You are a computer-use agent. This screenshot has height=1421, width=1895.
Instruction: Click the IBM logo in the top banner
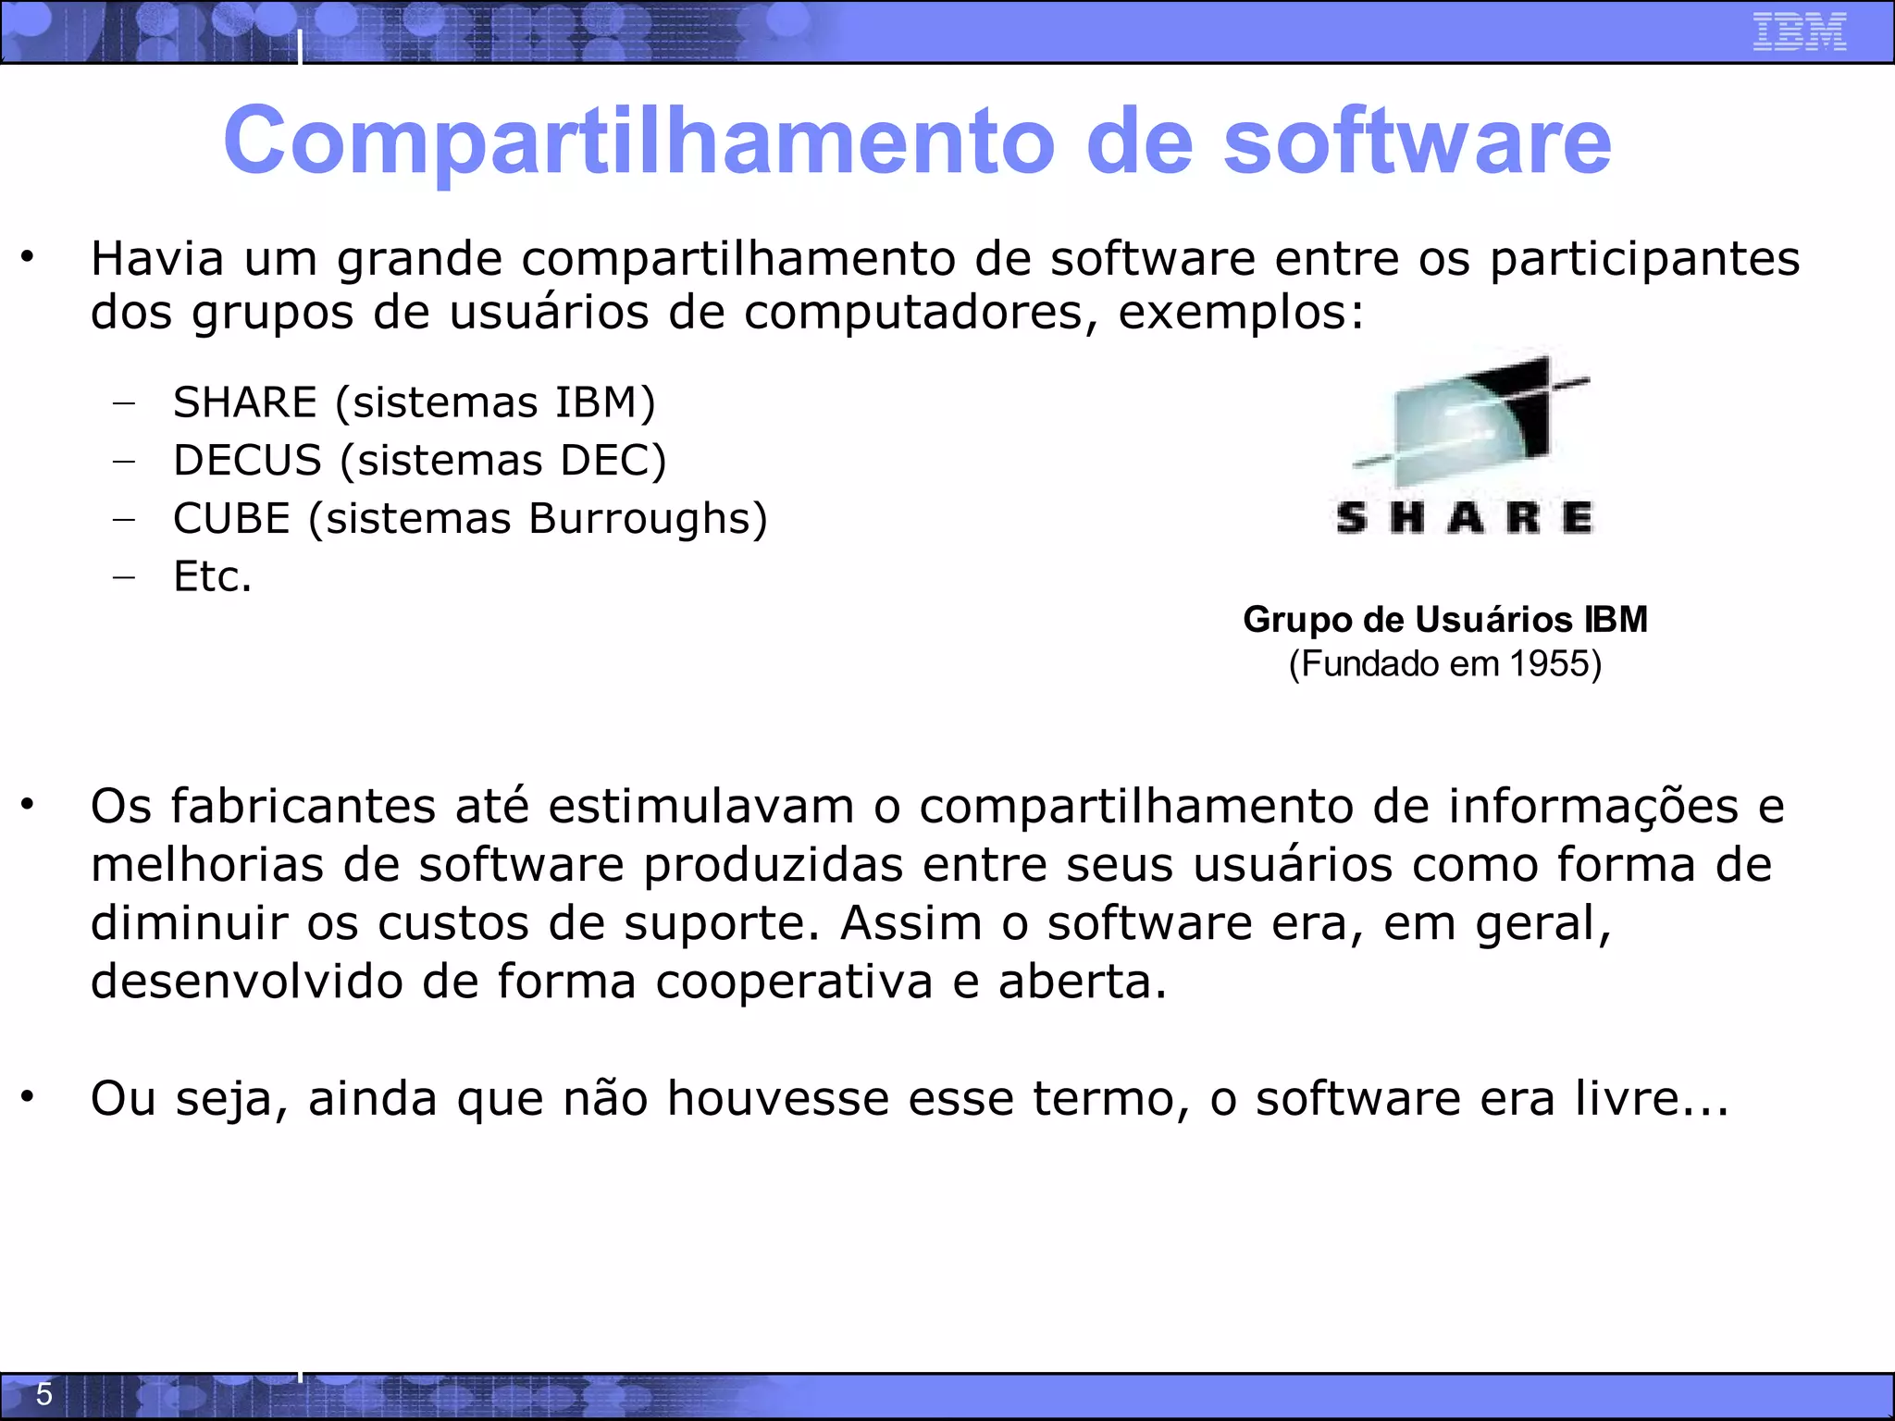point(1799,31)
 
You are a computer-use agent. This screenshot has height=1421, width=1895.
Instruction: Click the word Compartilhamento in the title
point(638,141)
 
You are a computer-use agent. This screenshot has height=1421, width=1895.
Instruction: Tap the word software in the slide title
point(1418,141)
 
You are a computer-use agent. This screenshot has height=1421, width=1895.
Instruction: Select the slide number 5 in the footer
point(43,1394)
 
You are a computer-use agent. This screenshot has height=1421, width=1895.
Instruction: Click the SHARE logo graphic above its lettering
point(1471,421)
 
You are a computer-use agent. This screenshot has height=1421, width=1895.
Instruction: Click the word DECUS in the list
point(247,461)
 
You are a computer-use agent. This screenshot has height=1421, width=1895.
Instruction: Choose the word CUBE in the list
point(231,518)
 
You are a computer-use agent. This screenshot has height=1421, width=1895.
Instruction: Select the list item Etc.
point(212,576)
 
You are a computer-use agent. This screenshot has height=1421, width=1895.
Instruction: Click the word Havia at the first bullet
point(157,258)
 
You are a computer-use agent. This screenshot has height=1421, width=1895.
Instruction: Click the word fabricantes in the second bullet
point(303,806)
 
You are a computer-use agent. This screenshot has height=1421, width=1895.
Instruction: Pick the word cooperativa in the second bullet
point(794,982)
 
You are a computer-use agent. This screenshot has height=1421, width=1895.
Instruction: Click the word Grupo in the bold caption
point(1297,620)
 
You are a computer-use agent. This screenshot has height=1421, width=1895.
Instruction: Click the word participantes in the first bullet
point(1644,258)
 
